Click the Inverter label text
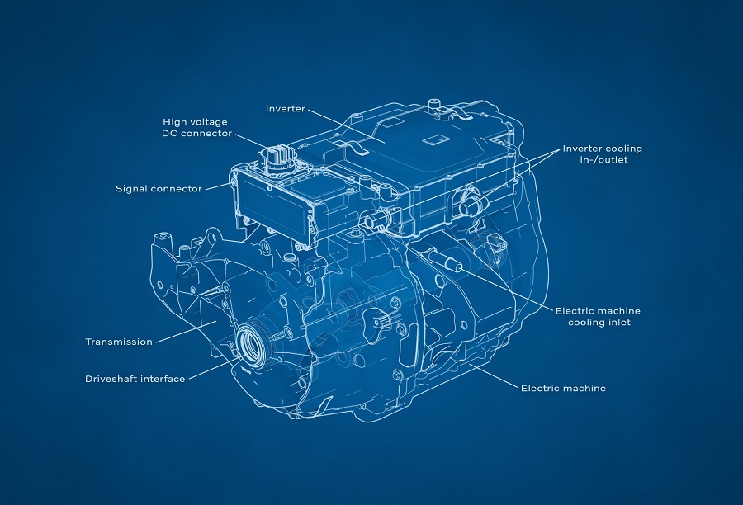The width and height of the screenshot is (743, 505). click(x=286, y=109)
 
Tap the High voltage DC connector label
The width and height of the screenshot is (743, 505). click(x=196, y=128)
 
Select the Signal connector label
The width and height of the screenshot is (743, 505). click(x=159, y=189)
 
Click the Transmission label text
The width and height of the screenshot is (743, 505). click(x=119, y=342)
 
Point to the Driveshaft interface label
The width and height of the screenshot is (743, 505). click(x=135, y=379)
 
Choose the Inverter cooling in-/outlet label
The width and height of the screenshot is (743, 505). click(x=603, y=154)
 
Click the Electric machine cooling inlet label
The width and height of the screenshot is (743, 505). click(x=598, y=317)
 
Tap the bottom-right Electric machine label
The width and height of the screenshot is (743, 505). click(x=563, y=389)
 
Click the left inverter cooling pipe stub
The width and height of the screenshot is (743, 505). click(x=374, y=220)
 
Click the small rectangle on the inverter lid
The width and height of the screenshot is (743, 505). click(x=435, y=139)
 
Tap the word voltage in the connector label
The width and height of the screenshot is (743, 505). click(x=208, y=122)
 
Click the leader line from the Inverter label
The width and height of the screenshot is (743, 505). click(x=346, y=126)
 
